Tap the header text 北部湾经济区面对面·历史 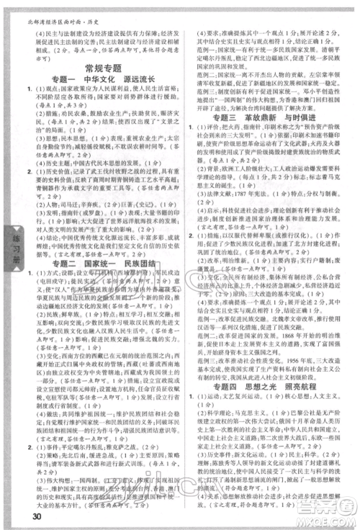click(50, 6)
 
